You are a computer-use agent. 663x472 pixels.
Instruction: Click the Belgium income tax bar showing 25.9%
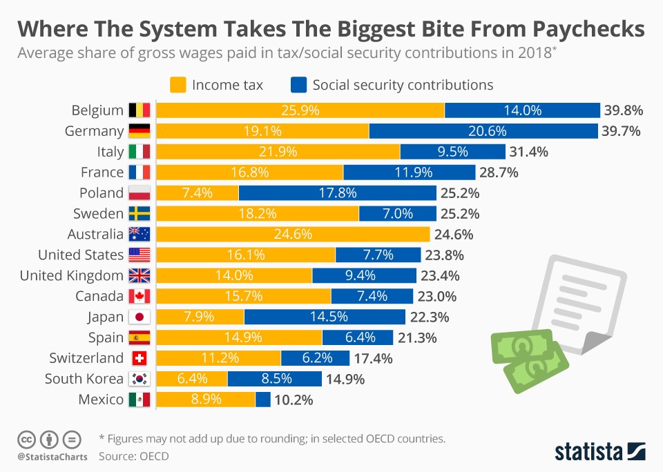[300, 110]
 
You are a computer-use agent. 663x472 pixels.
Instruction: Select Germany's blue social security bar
[483, 131]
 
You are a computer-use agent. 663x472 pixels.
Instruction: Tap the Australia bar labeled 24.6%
[294, 235]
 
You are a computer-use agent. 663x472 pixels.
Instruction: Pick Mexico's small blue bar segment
[263, 400]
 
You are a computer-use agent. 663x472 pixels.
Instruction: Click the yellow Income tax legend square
[177, 85]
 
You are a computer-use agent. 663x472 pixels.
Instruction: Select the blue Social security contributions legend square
[298, 85]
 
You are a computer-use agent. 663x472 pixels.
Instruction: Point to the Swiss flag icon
[140, 358]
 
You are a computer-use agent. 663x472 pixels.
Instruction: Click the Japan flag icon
[140, 317]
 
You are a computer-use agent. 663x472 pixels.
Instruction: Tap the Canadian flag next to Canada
[140, 297]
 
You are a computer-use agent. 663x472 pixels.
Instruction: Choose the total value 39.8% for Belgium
[623, 110]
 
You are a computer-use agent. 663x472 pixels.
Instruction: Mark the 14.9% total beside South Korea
[345, 379]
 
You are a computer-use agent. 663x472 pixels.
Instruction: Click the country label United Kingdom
[72, 276]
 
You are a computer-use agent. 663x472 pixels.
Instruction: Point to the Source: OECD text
[133, 456]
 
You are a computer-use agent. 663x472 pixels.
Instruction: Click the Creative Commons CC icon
[26, 439]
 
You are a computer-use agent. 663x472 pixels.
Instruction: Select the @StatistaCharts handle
[52, 457]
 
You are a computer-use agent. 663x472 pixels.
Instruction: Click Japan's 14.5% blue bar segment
[325, 317]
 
